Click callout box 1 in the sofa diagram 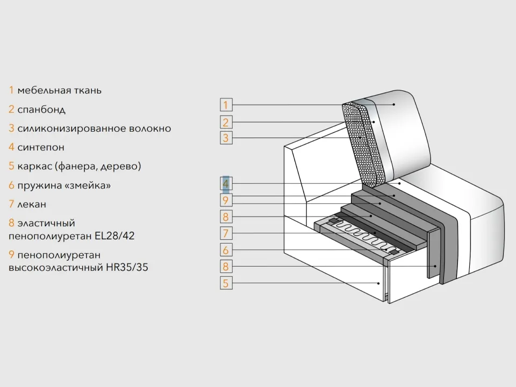point(226,105)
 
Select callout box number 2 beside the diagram point(226,122)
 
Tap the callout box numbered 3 point(226,138)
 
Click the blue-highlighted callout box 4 point(226,183)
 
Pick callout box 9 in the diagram point(226,200)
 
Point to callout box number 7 point(226,233)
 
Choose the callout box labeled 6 point(226,249)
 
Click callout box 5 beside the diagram point(226,283)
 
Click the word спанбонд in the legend point(41,109)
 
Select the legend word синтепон point(41,147)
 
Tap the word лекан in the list point(32,204)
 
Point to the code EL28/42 point(114,235)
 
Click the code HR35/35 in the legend point(127,267)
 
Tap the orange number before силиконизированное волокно point(11,128)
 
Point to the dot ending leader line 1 point(393,105)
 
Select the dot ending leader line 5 point(378,283)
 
